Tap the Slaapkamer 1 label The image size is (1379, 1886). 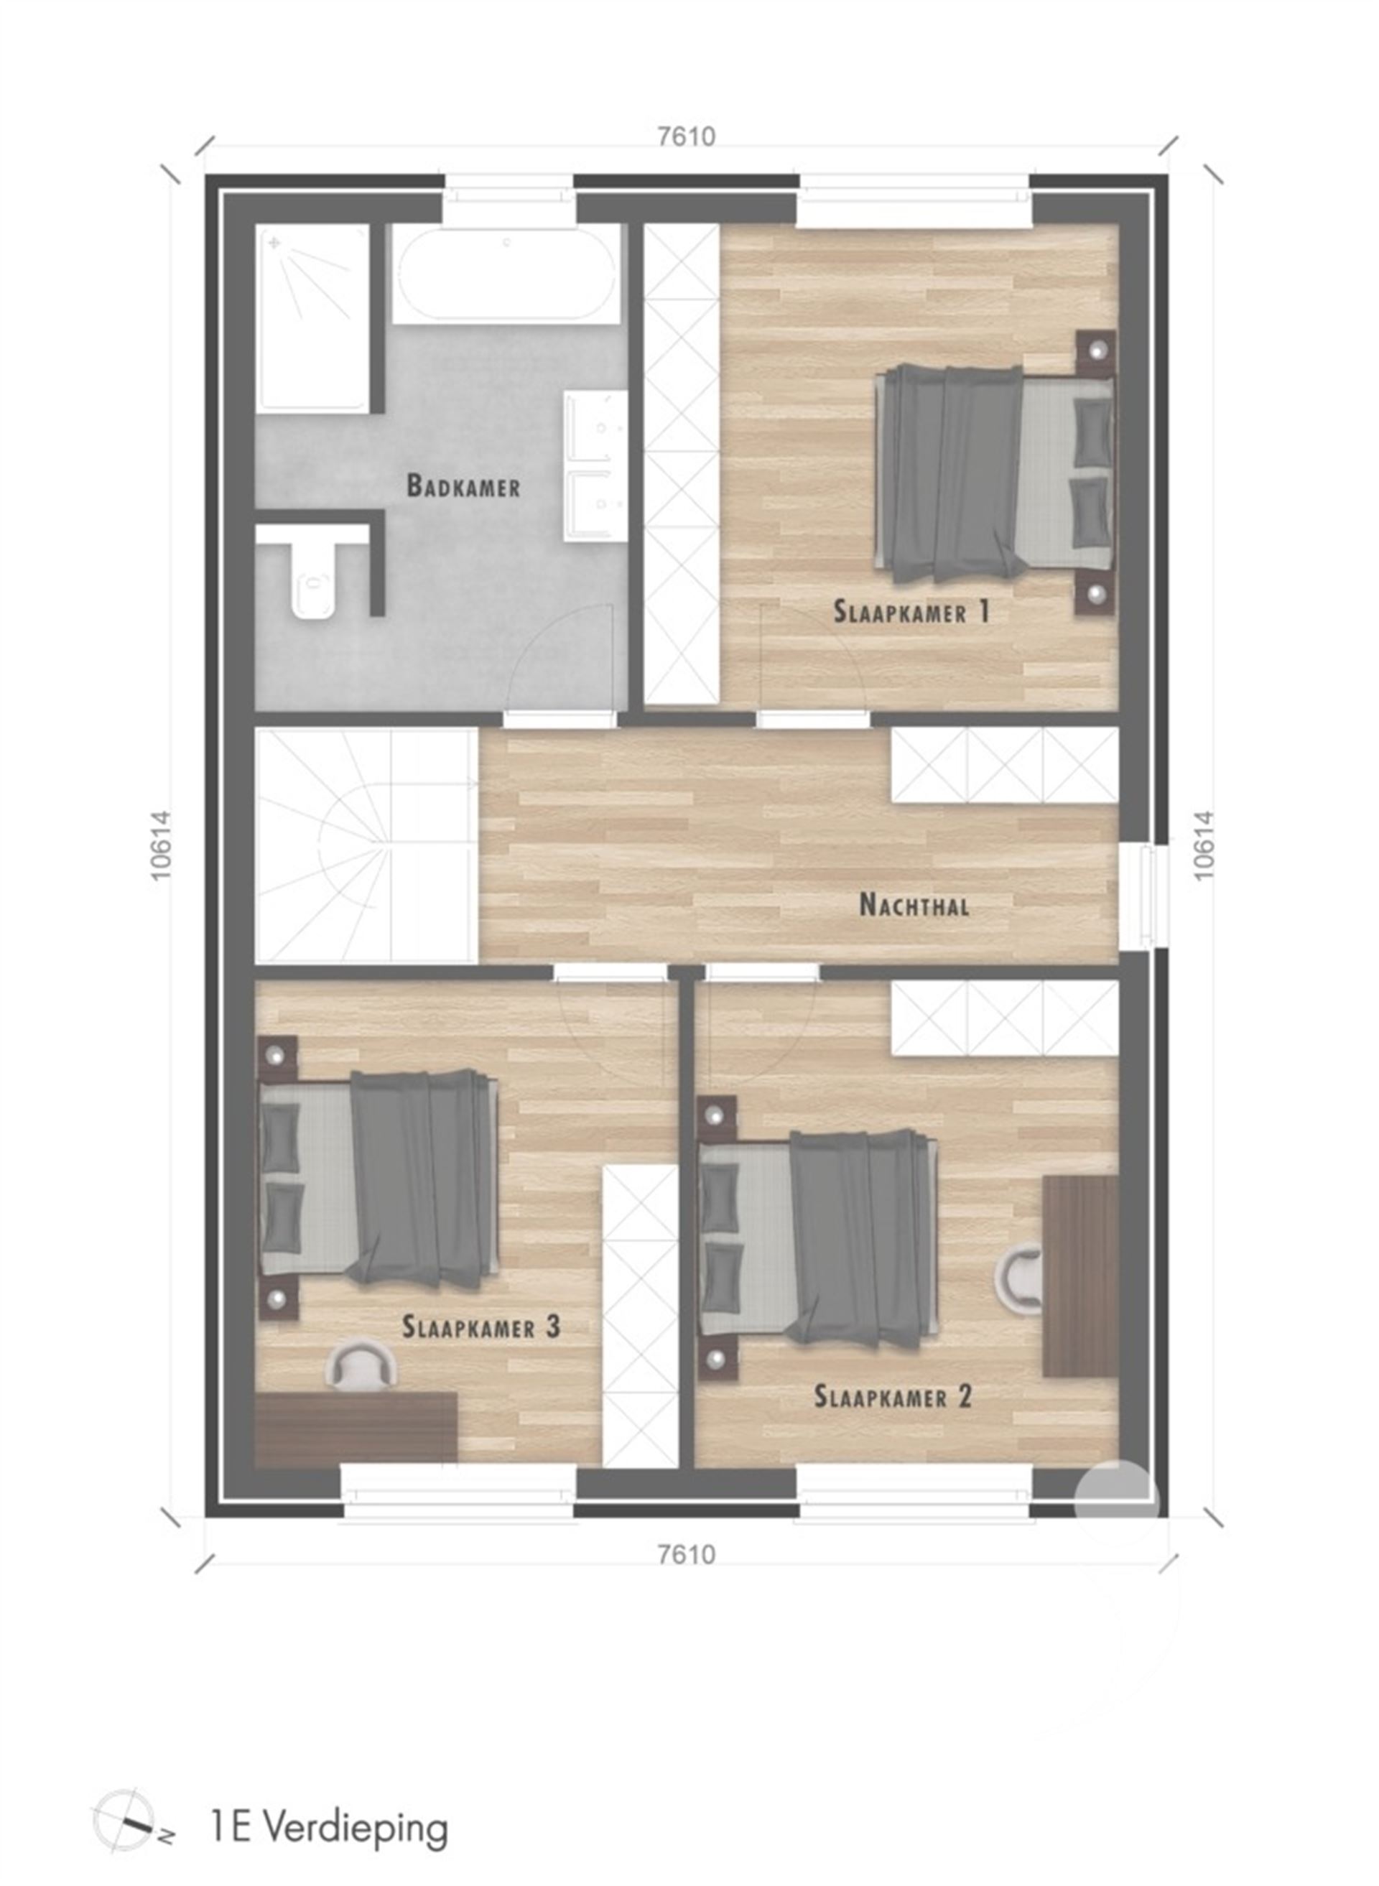click(x=911, y=612)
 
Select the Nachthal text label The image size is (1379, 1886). click(x=914, y=906)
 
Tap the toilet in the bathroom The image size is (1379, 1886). click(x=313, y=580)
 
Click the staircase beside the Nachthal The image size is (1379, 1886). click(x=366, y=845)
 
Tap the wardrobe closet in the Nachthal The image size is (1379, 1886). click(x=1004, y=766)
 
